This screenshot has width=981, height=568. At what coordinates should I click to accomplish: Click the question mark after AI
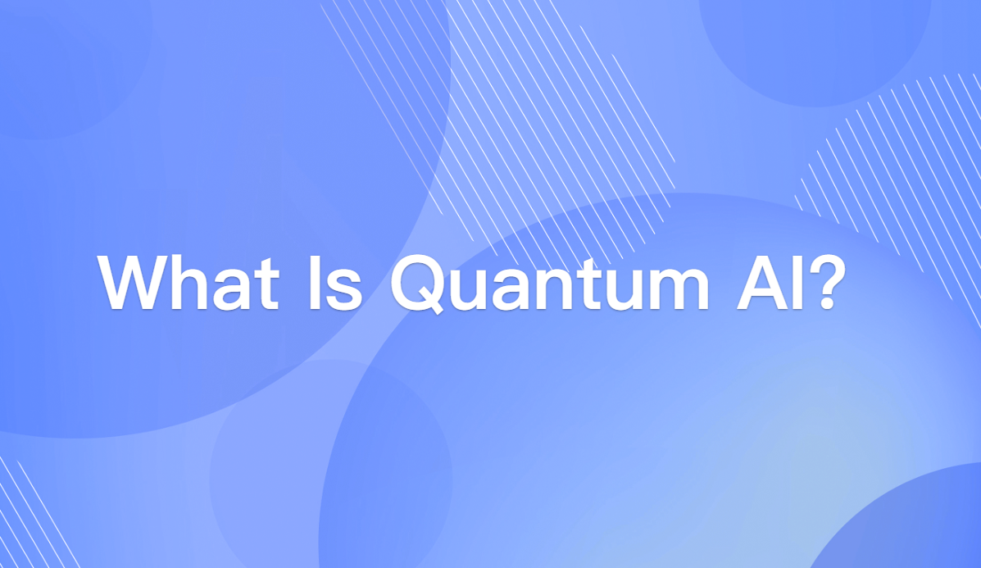click(820, 283)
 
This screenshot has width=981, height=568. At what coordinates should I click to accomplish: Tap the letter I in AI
click(792, 283)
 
